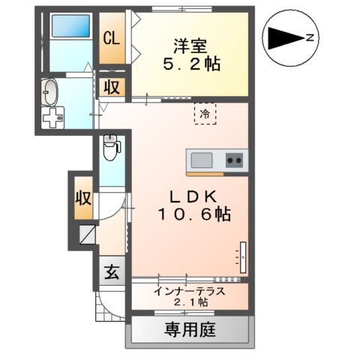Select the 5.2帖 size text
pyautogui.click(x=192, y=64)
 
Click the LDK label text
pyautogui.click(x=193, y=196)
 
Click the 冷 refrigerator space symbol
pyautogui.click(x=204, y=114)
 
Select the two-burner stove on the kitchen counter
pyautogui.click(x=234, y=160)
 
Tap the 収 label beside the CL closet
pyautogui.click(x=112, y=87)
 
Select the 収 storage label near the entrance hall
pyautogui.click(x=82, y=199)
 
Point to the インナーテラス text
pyautogui.click(x=190, y=290)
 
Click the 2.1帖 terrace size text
pyautogui.click(x=190, y=302)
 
